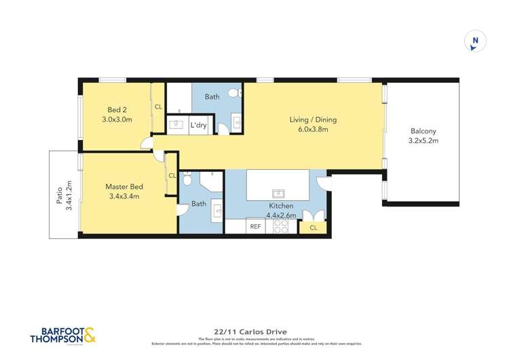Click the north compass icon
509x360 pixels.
(x=475, y=42)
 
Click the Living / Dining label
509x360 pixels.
(x=313, y=120)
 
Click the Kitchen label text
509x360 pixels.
(x=280, y=205)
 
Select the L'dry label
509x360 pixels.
(x=198, y=125)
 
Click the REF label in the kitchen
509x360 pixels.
(x=256, y=227)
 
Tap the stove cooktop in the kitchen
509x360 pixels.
(x=280, y=227)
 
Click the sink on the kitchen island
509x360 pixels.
(x=278, y=192)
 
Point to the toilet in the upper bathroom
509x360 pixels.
(x=232, y=93)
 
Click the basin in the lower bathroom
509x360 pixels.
(x=216, y=209)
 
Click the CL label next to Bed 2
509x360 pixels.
(x=157, y=107)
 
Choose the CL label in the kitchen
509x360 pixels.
(x=313, y=228)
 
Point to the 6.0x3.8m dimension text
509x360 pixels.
(x=313, y=128)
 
